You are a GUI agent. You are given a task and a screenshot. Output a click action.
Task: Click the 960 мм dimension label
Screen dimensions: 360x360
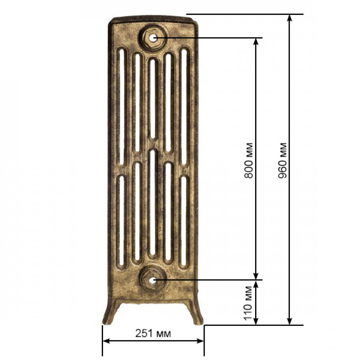283,161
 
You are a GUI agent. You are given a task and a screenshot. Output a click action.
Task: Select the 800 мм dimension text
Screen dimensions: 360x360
248,161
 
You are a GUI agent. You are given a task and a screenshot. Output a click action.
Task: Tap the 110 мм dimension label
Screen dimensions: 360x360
248,303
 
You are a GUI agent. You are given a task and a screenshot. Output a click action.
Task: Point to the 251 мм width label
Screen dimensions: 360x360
153,333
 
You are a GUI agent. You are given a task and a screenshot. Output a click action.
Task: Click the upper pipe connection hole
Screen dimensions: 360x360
153,38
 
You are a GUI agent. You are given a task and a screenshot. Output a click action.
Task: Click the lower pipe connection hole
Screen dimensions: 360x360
153,280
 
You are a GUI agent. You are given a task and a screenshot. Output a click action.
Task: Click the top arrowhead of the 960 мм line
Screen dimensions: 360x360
290,18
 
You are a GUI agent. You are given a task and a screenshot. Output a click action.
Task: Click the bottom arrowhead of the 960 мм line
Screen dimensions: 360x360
290,321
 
